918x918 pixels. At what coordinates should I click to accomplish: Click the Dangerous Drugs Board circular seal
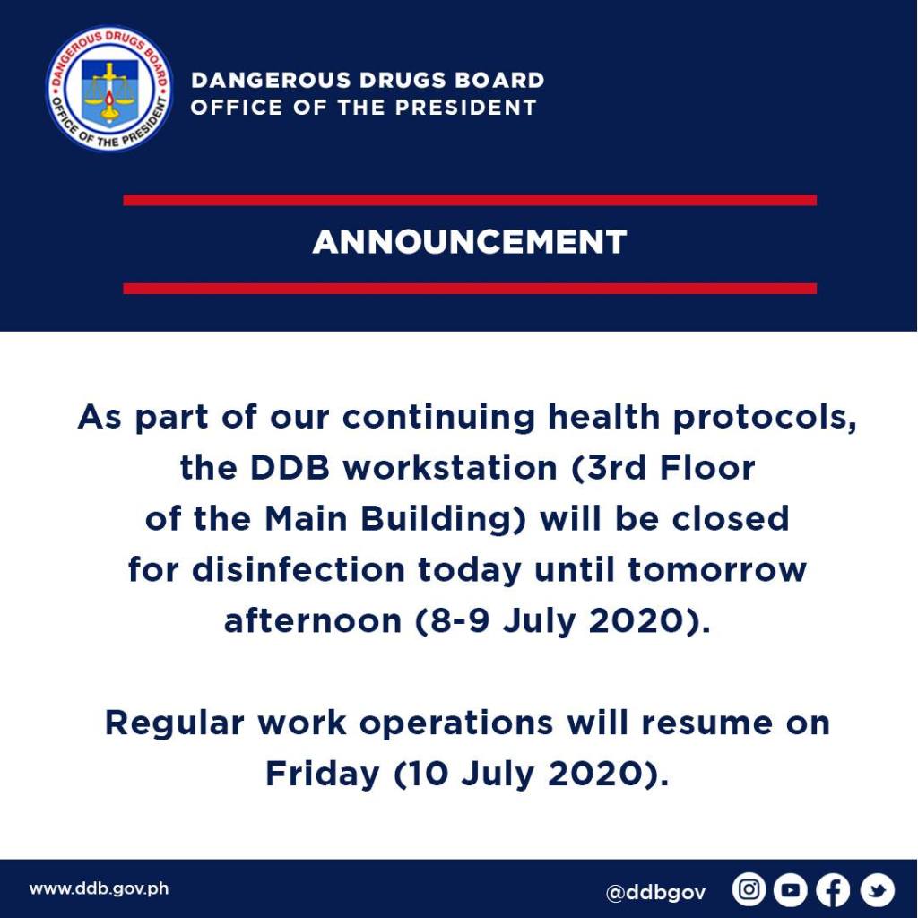tap(108, 89)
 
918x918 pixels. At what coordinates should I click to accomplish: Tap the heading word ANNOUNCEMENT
tap(470, 241)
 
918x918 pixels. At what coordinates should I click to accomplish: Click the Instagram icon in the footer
tap(749, 890)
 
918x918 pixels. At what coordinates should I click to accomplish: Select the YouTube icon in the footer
tap(791, 890)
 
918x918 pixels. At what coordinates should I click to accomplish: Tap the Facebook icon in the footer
tap(833, 890)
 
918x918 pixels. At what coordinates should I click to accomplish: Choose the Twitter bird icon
tap(877, 890)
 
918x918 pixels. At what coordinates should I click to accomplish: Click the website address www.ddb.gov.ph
tap(99, 888)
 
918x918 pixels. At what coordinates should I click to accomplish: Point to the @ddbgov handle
tap(655, 892)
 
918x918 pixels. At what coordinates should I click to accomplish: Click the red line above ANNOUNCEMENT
tap(470, 200)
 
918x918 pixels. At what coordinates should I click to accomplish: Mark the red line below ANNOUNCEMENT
tap(470, 288)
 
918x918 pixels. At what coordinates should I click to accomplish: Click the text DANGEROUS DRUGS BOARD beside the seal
tap(368, 80)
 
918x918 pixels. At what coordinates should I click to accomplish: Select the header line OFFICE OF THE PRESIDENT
tap(364, 108)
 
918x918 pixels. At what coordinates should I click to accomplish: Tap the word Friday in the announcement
tap(323, 774)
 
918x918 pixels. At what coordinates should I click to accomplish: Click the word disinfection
tap(299, 569)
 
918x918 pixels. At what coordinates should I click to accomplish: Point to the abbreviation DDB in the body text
tap(290, 468)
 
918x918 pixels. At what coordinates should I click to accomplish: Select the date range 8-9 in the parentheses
tap(460, 620)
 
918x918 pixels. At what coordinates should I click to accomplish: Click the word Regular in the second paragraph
tap(175, 723)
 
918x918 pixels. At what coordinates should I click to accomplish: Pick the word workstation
tap(450, 468)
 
